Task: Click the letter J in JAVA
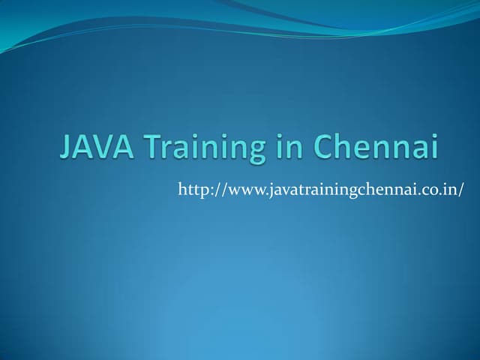point(66,147)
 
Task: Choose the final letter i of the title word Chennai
point(433,146)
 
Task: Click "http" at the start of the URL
point(191,190)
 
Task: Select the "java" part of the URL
point(281,190)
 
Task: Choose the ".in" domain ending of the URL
point(448,190)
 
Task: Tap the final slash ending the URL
point(461,190)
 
